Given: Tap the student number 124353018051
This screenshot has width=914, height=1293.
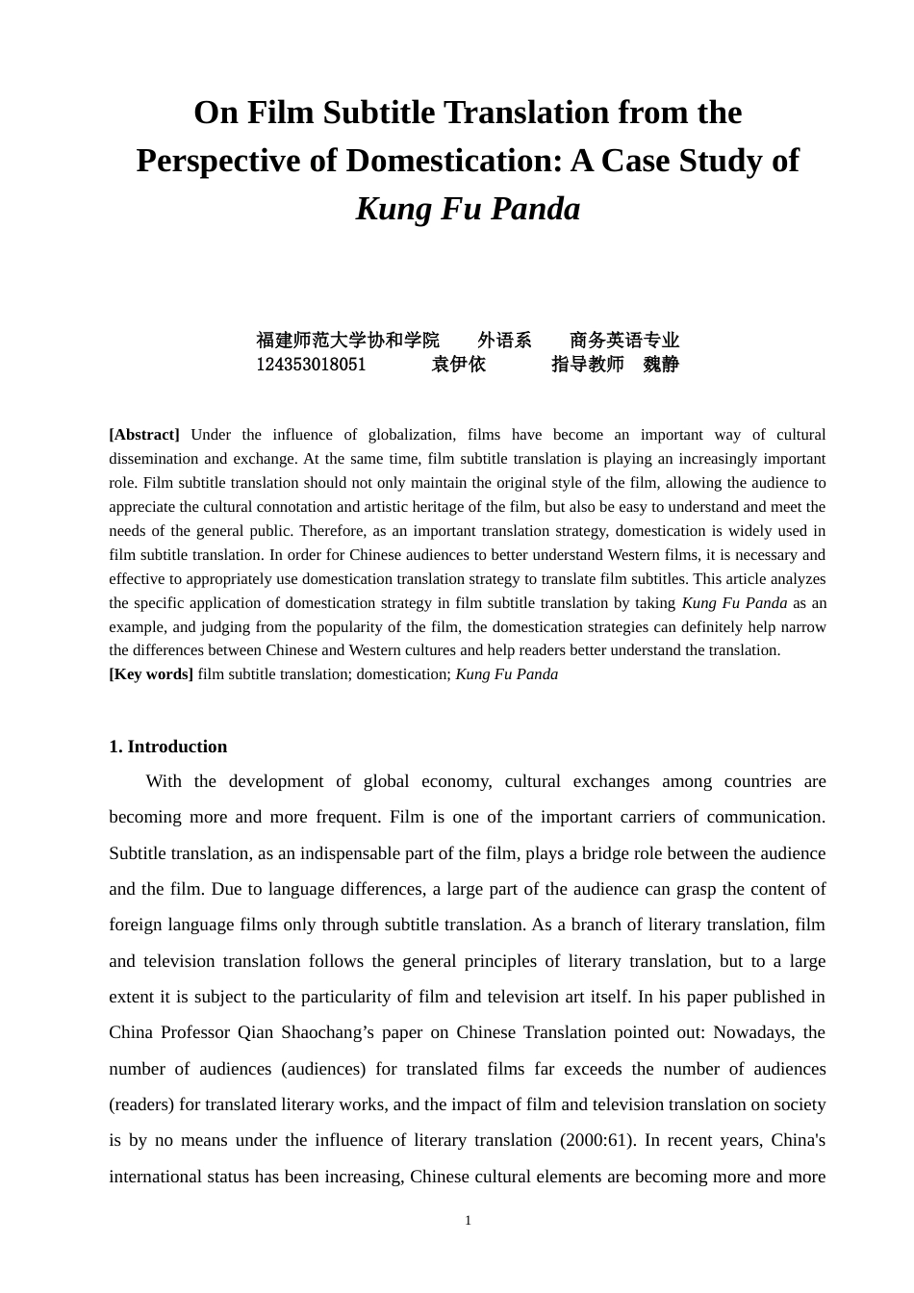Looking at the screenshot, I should [x=311, y=365].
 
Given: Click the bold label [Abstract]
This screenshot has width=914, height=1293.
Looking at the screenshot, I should [x=144, y=435].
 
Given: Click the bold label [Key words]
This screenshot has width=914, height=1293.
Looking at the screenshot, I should [x=151, y=674].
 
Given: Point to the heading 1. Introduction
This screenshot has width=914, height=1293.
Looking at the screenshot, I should [x=168, y=748].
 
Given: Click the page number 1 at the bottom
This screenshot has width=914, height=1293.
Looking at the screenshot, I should [x=468, y=1221].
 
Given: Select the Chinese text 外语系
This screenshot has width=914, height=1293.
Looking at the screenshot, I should [x=504, y=341].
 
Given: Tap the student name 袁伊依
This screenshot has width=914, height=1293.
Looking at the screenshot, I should [x=458, y=365].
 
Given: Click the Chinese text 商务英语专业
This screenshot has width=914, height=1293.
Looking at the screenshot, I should [x=624, y=341].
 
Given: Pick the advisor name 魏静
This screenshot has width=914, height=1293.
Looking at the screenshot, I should [x=661, y=365].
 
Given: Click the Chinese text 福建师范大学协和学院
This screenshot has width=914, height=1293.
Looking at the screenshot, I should [x=347, y=341].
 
